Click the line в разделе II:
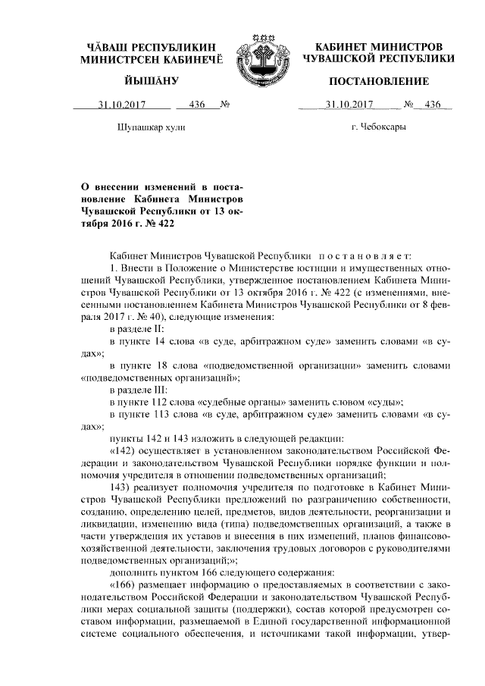click(144, 330)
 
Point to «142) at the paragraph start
click(125, 453)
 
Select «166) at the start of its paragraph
click(125, 589)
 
